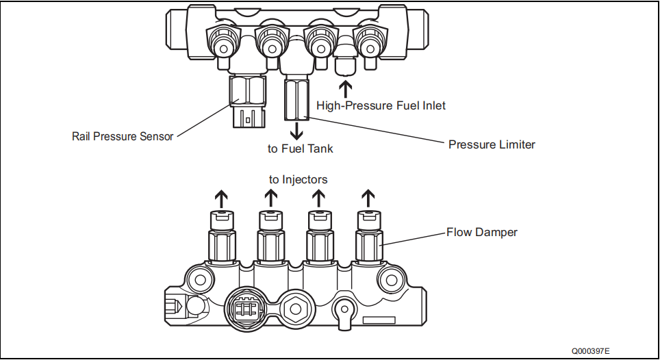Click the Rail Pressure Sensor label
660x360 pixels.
tap(123, 136)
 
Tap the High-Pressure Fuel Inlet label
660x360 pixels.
tap(381, 105)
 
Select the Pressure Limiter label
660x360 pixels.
tap(492, 144)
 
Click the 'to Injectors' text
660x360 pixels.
tap(298, 179)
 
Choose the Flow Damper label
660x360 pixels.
tap(482, 232)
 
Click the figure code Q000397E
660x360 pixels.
tap(593, 350)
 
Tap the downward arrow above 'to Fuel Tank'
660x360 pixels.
tap(296, 130)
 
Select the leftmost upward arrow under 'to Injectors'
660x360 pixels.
tap(221, 199)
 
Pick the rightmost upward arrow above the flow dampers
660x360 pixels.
tap(368, 199)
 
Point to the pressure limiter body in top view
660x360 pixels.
tap(296, 99)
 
